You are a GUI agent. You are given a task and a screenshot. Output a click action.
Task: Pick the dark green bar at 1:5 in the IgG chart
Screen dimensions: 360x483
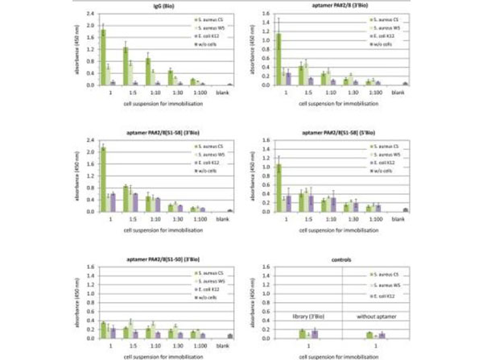click(126, 65)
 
